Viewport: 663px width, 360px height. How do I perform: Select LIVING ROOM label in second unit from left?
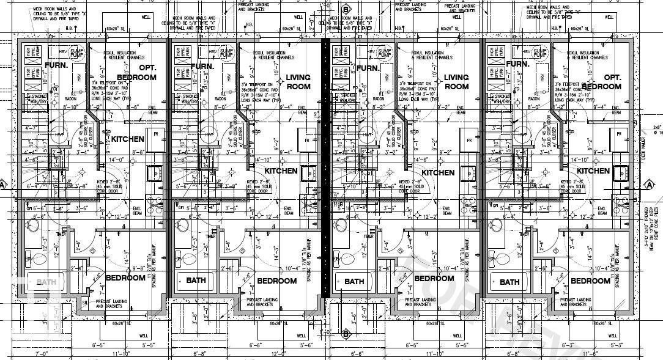pos(298,82)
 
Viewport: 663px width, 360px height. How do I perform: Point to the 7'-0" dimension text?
pos(42,353)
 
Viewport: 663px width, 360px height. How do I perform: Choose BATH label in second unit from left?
pos(196,281)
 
